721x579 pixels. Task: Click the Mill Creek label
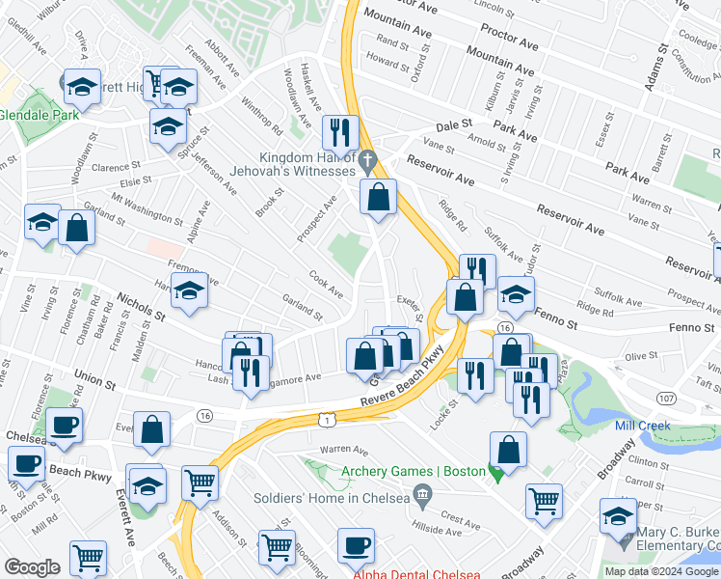click(651, 425)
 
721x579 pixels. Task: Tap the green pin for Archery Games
click(496, 473)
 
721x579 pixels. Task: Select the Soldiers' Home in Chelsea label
click(332, 499)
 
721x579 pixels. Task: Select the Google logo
click(33, 567)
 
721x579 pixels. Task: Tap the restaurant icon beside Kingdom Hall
click(338, 132)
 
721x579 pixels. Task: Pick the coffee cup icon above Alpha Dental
click(356, 544)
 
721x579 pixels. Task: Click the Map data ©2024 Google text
click(660, 571)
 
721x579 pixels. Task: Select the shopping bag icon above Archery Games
click(508, 450)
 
